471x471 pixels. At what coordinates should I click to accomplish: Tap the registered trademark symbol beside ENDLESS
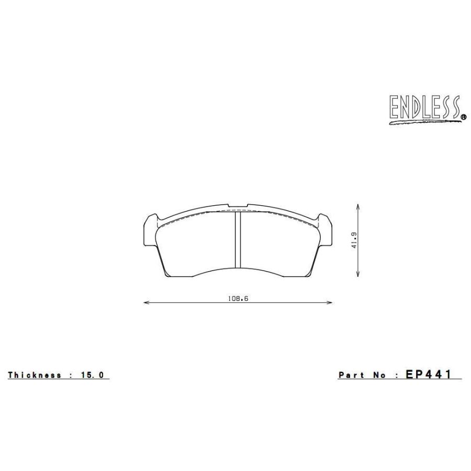[464, 116]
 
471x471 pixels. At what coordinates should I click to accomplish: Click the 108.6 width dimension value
[238, 299]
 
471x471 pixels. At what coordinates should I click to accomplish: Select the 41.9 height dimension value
[354, 240]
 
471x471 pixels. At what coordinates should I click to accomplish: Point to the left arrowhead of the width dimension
[147, 302]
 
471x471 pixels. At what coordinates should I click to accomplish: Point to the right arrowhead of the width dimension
[330, 302]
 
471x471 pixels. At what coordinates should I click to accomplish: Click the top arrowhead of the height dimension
[357, 207]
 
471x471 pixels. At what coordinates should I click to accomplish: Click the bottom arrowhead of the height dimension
[357, 273]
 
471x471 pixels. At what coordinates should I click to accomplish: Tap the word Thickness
[34, 375]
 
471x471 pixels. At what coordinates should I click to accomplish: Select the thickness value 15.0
[92, 375]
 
